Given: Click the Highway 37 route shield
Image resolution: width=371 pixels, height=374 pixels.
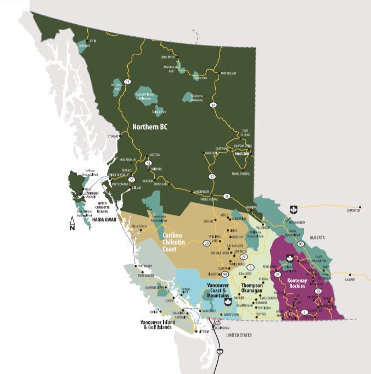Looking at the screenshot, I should (128, 82).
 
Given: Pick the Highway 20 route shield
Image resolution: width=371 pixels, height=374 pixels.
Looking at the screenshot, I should (206, 242).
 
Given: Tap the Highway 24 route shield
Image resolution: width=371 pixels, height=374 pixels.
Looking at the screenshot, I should (243, 256).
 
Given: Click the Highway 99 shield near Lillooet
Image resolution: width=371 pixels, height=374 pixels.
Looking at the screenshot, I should (224, 274).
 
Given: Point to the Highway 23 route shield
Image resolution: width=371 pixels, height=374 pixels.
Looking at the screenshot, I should (278, 274).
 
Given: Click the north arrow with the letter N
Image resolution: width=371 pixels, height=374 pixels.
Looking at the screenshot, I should (72, 223).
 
